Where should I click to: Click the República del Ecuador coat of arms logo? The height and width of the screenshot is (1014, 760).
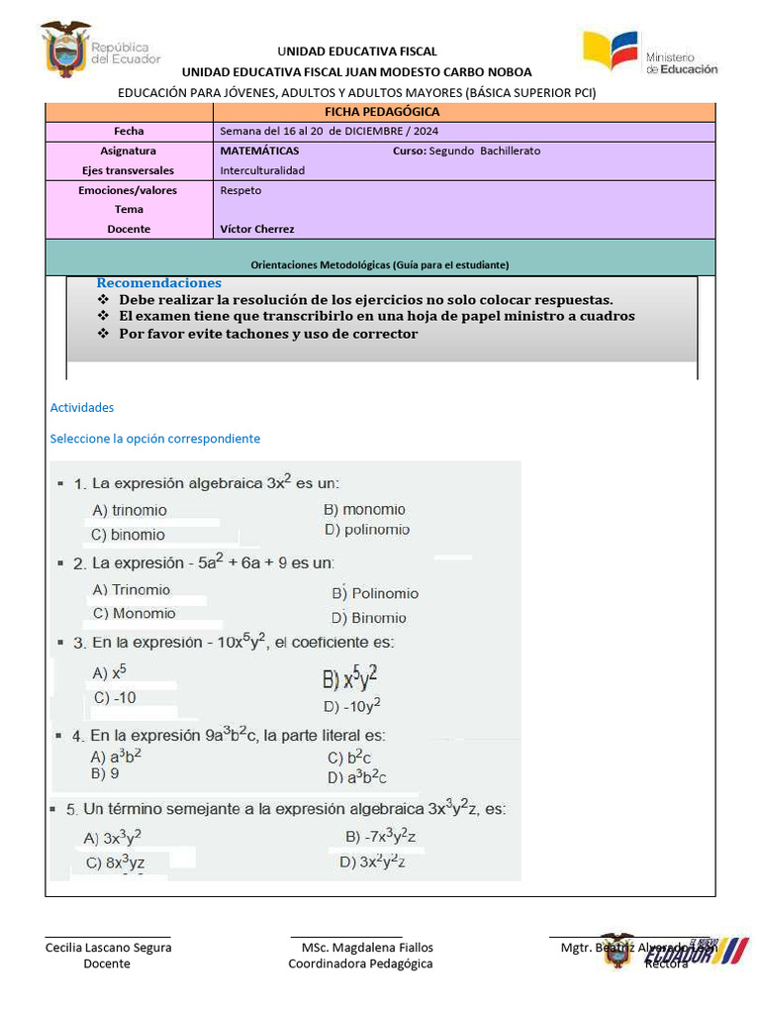[65, 50]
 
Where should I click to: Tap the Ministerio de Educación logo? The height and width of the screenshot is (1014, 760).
[649, 53]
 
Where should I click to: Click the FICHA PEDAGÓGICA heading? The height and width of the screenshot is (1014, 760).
[381, 112]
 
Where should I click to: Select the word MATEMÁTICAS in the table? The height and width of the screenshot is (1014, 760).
[259, 151]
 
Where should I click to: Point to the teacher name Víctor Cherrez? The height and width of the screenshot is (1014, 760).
[257, 229]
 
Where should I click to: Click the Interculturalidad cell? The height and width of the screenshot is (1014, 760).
[262, 170]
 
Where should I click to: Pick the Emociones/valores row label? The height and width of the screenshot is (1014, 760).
[128, 190]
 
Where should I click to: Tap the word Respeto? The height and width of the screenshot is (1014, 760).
[240, 190]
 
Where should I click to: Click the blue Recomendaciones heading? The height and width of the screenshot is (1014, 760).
[158, 283]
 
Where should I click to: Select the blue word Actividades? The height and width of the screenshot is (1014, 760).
[82, 407]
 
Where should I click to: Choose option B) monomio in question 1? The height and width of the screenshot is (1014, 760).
[364, 509]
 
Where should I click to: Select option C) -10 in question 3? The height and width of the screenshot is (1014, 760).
[115, 697]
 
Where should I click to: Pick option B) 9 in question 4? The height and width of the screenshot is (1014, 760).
[105, 773]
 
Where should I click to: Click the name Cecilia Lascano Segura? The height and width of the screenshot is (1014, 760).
[108, 947]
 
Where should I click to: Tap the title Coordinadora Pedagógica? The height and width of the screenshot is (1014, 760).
[360, 963]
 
